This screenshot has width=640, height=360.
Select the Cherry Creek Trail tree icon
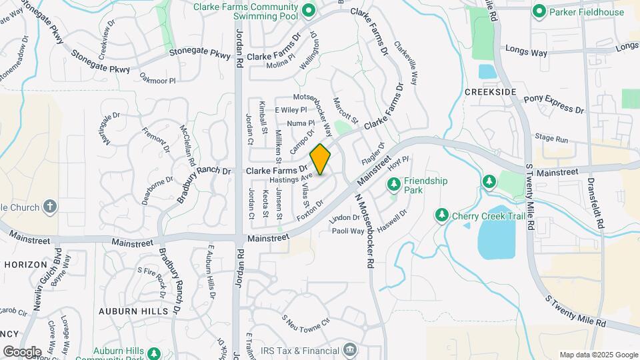click(441, 215)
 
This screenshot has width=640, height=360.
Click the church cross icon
click(50, 207)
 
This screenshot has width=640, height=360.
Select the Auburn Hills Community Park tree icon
click(155, 353)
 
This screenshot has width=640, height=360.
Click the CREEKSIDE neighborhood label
click(491, 91)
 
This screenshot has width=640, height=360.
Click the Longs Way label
click(526, 49)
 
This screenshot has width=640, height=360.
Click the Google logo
click(21, 351)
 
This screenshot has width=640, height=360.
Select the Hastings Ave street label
click(291, 179)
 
